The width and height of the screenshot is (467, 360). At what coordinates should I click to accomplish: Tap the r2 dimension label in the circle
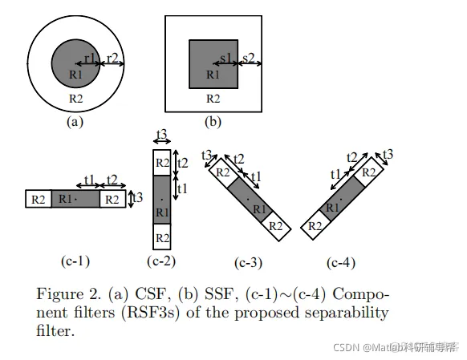coord(112,58)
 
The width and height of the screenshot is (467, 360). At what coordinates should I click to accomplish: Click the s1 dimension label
coord(227,58)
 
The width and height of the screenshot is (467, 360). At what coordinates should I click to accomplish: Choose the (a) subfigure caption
coord(75,122)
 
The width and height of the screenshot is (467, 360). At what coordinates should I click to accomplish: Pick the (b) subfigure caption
coord(213,122)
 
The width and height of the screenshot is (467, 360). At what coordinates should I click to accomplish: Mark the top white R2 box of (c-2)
coord(161,164)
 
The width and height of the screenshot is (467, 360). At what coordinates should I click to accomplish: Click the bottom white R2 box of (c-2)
coord(161,238)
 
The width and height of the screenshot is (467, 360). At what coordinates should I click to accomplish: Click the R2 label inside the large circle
coord(75,99)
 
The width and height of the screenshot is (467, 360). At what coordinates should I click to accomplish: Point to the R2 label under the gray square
coord(213,99)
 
